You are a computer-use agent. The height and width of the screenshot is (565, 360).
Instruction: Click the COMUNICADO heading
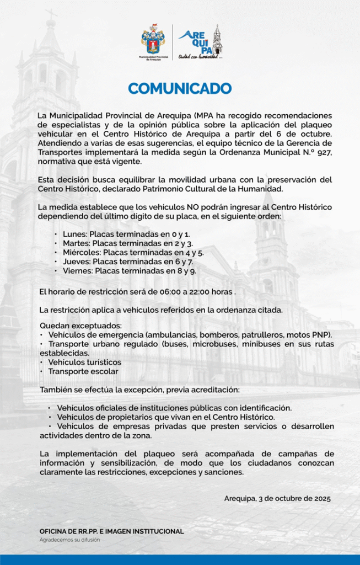click(180, 88)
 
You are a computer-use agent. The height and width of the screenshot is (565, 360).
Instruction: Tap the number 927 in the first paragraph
click(323, 152)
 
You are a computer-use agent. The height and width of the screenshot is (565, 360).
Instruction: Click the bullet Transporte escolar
click(83, 371)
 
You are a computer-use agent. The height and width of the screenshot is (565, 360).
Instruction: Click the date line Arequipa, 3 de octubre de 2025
click(277, 498)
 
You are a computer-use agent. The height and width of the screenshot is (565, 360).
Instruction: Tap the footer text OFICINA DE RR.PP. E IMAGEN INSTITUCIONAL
click(111, 531)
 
